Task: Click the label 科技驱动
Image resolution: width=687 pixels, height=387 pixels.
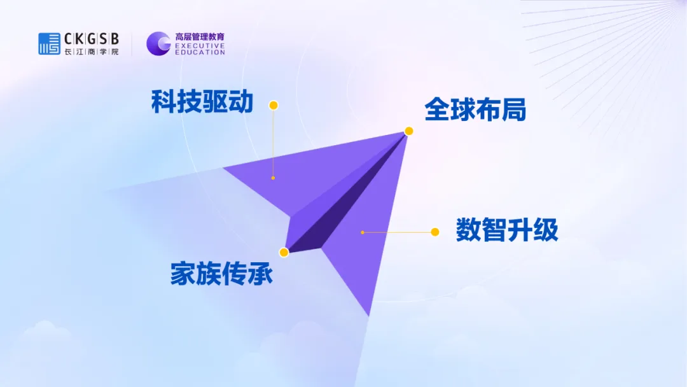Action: click(x=202, y=102)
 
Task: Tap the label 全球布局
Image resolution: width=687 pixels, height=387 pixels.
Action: click(x=475, y=109)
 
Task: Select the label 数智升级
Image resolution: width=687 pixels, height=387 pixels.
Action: click(x=507, y=229)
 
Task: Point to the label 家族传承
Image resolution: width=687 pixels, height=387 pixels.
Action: click(x=221, y=274)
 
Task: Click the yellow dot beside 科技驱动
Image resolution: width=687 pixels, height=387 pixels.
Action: click(x=274, y=105)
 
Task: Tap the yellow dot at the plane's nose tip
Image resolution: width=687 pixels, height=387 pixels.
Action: click(x=409, y=131)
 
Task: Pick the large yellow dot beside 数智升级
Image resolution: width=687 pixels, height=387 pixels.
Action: click(x=434, y=232)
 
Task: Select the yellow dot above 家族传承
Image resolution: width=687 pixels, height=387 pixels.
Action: click(x=284, y=253)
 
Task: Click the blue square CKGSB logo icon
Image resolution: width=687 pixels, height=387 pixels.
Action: click(x=49, y=43)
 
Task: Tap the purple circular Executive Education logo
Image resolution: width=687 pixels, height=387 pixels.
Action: click(x=158, y=43)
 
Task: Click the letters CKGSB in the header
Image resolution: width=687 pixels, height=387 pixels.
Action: click(x=92, y=39)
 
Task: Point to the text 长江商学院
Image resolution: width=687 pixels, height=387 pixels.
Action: click(x=92, y=52)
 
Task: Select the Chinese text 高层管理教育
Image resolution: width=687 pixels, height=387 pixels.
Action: click(x=200, y=37)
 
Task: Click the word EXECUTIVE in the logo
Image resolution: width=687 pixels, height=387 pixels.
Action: click(x=200, y=45)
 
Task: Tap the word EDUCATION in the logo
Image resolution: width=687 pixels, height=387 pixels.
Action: click(x=200, y=52)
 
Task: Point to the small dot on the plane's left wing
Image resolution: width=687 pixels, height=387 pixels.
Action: click(x=273, y=178)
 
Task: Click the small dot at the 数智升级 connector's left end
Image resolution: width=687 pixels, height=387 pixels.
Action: click(x=363, y=232)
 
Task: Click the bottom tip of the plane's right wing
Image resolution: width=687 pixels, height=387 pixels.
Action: click(x=368, y=316)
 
